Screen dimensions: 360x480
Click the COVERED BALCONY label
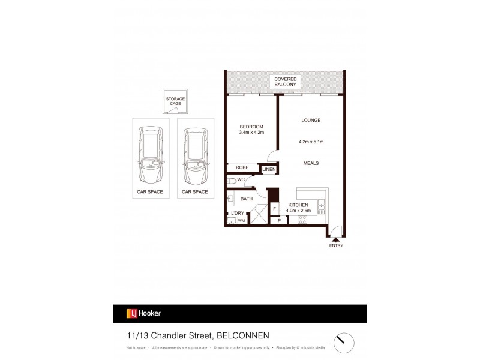click(286, 82)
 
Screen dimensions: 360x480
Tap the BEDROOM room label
click(251, 126)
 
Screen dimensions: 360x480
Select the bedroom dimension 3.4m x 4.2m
click(251, 133)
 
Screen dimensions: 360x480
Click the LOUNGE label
click(311, 121)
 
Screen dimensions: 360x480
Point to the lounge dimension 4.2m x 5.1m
click(311, 142)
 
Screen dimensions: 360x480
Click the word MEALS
click(311, 163)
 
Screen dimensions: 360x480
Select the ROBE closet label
click(242, 168)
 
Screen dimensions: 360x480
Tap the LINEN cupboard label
click(269, 170)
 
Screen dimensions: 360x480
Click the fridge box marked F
click(274, 209)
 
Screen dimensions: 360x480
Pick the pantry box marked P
click(279, 221)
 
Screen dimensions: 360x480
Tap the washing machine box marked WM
click(241, 221)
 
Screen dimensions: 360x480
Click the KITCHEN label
click(298, 205)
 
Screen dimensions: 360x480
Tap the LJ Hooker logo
click(143, 313)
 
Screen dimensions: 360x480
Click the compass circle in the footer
click(343, 340)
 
